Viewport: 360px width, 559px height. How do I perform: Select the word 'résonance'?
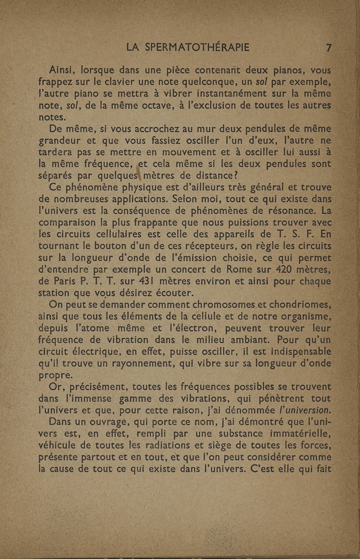292,211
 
